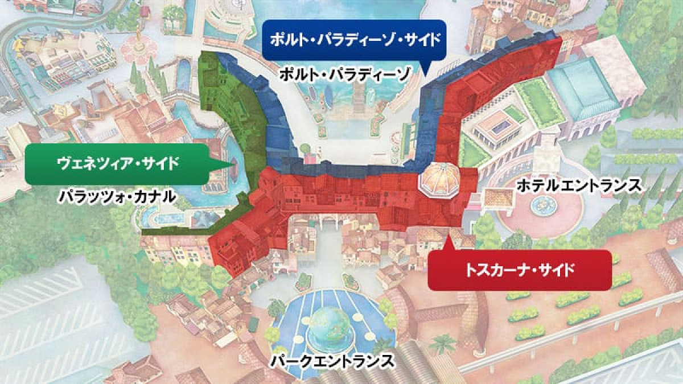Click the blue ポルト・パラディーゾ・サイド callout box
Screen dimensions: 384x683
tap(353, 40)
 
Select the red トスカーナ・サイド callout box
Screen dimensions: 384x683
tap(519, 270)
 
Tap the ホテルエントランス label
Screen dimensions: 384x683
tap(579, 185)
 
